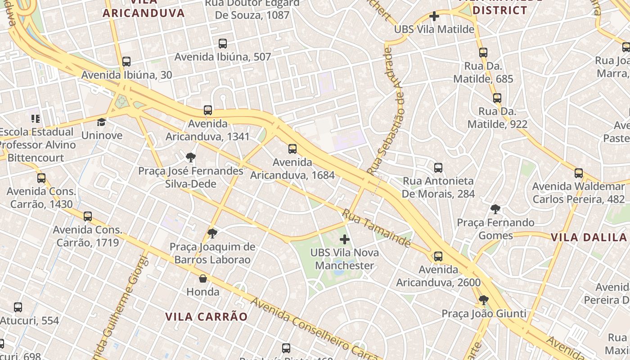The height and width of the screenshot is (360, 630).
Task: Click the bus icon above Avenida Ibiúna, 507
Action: (222, 44)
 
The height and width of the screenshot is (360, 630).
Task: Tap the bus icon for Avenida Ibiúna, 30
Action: (126, 62)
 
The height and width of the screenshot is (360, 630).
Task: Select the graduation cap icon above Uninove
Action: (102, 122)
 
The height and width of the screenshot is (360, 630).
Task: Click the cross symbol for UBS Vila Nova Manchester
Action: (345, 239)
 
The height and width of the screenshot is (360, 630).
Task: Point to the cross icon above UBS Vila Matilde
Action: (434, 17)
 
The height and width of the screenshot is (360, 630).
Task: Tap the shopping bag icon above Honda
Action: (203, 279)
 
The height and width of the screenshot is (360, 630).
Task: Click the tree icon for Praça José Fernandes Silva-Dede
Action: (191, 157)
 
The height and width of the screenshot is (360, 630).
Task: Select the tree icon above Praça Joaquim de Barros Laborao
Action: (212, 233)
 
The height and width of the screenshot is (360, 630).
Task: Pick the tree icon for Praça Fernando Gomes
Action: (495, 209)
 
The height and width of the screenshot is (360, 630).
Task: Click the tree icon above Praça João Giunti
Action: (484, 300)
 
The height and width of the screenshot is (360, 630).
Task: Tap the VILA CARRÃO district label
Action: (206, 317)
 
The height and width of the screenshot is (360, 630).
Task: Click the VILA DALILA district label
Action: (590, 237)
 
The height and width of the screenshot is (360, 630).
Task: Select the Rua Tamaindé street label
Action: (377, 228)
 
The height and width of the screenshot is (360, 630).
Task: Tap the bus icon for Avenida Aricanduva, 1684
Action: (292, 149)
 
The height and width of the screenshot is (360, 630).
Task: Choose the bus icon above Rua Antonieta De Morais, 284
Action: (438, 168)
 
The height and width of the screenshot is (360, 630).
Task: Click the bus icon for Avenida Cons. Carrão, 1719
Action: (88, 216)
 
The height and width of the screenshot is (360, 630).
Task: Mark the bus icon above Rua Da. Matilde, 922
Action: (497, 98)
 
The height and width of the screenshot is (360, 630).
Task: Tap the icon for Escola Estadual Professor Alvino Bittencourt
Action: (36, 119)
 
